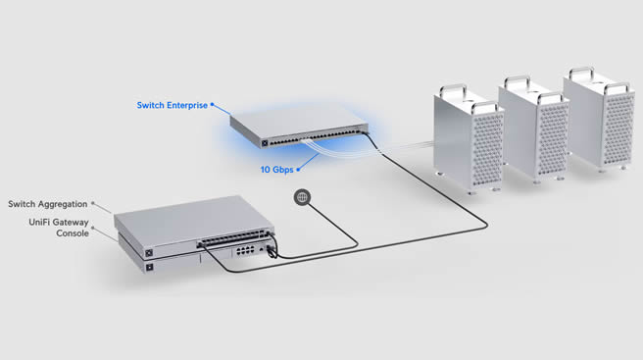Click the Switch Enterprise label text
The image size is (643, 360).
coord(173,106)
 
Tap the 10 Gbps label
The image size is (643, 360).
coord(276,170)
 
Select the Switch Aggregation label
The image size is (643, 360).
coord(48,204)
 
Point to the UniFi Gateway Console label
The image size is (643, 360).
coord(59,228)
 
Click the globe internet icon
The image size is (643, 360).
coord(302,197)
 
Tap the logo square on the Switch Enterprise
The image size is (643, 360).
coord(265,143)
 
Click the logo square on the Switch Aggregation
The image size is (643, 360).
coord(149,253)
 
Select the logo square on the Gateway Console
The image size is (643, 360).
coord(150,268)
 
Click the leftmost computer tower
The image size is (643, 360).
coord(469,139)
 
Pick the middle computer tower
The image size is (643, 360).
coord(534,129)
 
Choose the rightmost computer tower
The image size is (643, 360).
coord(599,119)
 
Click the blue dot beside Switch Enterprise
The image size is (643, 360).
coord(212,104)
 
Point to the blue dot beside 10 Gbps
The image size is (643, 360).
coord(298,169)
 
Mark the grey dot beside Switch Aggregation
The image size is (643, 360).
coord(93,203)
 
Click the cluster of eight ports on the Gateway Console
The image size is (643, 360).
coord(245,250)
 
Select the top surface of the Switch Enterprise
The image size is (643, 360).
coord(299,122)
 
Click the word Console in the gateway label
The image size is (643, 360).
coord(73,233)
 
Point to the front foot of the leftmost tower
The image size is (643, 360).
coord(472,192)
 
